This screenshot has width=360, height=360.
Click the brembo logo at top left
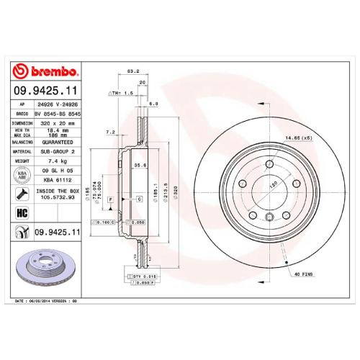(45, 70)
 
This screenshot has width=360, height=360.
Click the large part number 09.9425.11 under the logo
(45, 91)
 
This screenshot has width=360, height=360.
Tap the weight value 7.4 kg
(58, 162)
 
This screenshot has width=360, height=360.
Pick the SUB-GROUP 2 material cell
(58, 152)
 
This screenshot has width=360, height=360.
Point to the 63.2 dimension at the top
(132, 71)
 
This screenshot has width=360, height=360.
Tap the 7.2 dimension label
(111, 133)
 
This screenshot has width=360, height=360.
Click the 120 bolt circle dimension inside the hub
(253, 185)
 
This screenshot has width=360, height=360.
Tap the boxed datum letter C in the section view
(138, 197)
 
